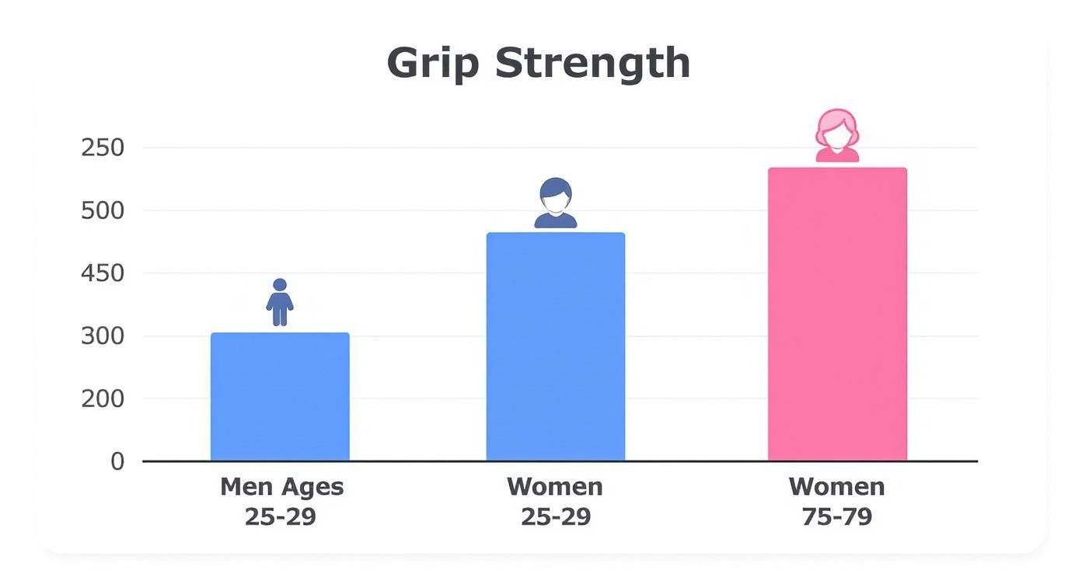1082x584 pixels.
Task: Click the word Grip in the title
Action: [x=433, y=63]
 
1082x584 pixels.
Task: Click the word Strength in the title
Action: [x=592, y=62]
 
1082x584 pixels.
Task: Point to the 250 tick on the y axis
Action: [x=103, y=148]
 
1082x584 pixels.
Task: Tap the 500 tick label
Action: [x=103, y=210]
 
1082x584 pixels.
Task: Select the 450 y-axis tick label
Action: [x=103, y=273]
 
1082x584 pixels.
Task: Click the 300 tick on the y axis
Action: [x=103, y=336]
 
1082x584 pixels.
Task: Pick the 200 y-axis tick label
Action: [x=103, y=398]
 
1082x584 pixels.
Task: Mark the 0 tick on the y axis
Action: [x=117, y=461]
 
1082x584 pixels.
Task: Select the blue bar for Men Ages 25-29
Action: [x=280, y=397]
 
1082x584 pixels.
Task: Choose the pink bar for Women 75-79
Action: [x=837, y=314]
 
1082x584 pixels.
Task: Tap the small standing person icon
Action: [x=280, y=302]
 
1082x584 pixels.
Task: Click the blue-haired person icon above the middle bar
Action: [x=556, y=203]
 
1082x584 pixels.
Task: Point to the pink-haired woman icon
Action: [x=837, y=136]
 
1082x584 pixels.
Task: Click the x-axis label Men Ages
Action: [x=281, y=488]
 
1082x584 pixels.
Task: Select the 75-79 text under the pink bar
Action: [x=837, y=516]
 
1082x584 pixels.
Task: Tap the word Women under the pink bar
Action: [x=837, y=487]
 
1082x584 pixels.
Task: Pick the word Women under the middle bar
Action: [x=555, y=487]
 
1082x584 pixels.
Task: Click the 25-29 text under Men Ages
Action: [x=281, y=516]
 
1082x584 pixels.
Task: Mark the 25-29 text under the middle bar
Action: [x=555, y=516]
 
